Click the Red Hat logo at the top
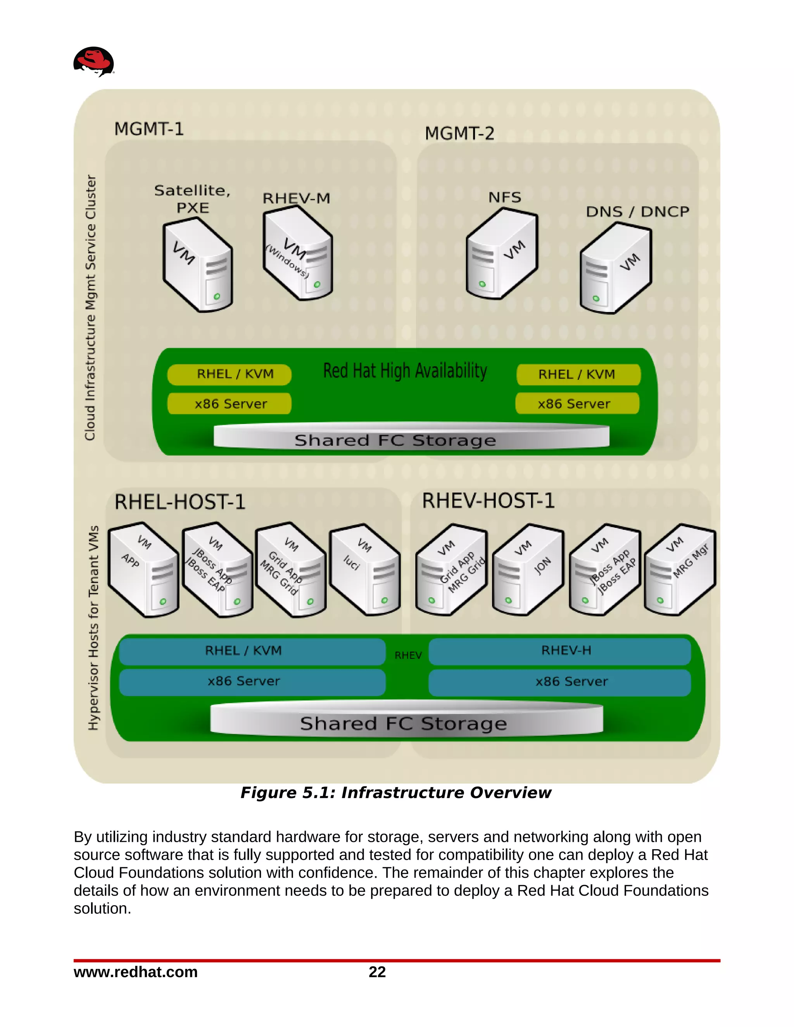click(93, 61)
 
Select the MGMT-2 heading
click(459, 134)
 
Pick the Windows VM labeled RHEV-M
click(297, 254)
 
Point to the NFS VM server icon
click(501, 254)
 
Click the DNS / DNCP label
click(637, 212)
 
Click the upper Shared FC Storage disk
click(411, 436)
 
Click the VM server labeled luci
click(365, 570)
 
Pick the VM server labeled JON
click(528, 570)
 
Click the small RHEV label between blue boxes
click(407, 655)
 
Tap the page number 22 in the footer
click(377, 972)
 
